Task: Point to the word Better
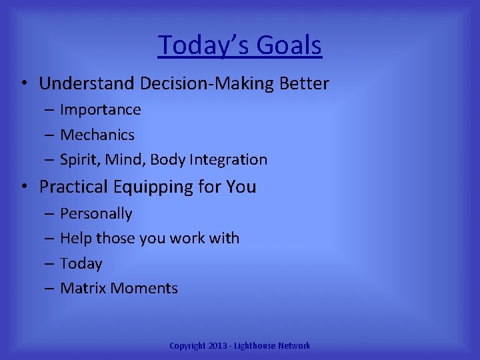[303, 84]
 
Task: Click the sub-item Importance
[101, 110]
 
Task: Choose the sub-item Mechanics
[97, 135]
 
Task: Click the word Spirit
[79, 160]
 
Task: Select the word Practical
[74, 187]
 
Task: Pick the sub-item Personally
[96, 214]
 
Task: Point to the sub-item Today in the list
[81, 264]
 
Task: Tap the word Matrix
[83, 289]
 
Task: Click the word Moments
[145, 289]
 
